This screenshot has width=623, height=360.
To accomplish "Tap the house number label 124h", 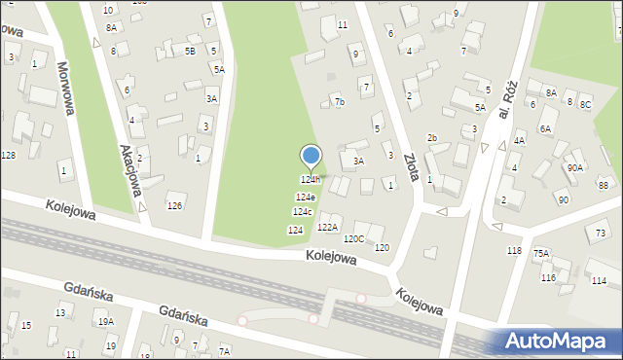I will coord(310,180).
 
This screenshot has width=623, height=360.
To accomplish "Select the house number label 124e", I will coord(305,198).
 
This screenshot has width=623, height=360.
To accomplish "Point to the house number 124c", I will coord(303,212).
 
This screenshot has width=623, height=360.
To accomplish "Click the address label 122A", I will coord(327,228).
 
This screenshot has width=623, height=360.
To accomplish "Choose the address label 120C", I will coord(353,238).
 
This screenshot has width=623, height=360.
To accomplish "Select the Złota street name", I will coord(413,164).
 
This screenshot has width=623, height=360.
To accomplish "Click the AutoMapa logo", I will coord(560,341).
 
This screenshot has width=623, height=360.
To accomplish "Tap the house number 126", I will coord(174,205).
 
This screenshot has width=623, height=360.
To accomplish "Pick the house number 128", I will coord(8,156).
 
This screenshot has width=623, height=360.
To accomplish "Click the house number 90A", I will coord(575,167).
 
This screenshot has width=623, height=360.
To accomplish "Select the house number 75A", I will coord(540,253).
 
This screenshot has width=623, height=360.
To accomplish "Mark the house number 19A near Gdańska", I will coord(105,321).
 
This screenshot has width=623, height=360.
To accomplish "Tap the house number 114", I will coord(598,280).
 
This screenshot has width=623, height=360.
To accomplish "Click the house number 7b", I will coord(339,101).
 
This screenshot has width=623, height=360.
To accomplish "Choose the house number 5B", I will coord(190,51).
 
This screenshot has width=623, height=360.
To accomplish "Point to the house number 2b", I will coord(432,138).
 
